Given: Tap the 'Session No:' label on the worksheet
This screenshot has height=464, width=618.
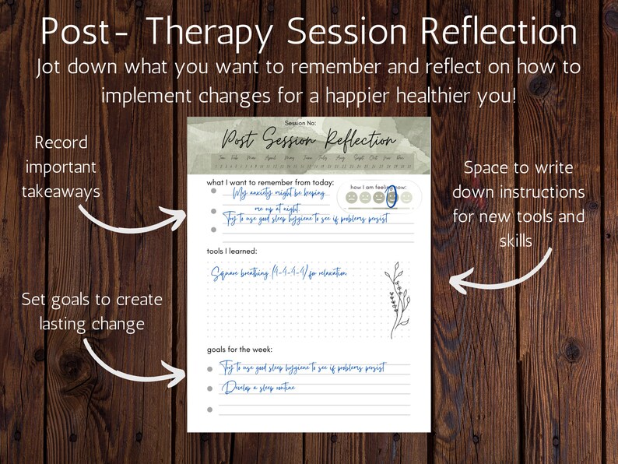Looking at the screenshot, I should (307, 124).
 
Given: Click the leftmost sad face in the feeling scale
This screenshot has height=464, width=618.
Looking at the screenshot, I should (351, 199).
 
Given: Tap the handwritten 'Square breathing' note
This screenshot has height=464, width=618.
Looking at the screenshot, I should (278, 272).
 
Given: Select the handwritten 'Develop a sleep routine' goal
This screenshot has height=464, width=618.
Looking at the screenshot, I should (258, 387).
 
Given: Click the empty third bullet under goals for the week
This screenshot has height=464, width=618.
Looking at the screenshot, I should (210, 410).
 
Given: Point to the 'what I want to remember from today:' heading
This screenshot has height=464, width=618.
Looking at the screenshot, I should (270, 182).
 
